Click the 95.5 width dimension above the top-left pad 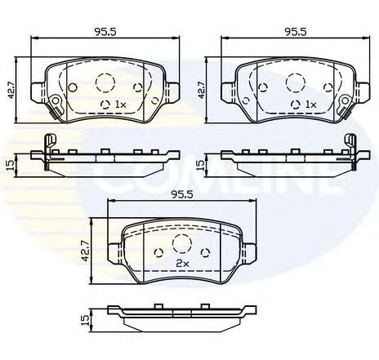coord(105,32)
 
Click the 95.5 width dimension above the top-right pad coord(296,32)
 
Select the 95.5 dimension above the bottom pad coord(181,194)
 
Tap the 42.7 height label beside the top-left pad coord(11,89)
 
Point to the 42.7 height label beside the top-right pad coord(202,90)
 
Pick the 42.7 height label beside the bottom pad coord(86,251)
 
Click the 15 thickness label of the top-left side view coord(10,165)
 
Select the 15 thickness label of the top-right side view coord(200,165)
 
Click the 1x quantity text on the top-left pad coord(121,104)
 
